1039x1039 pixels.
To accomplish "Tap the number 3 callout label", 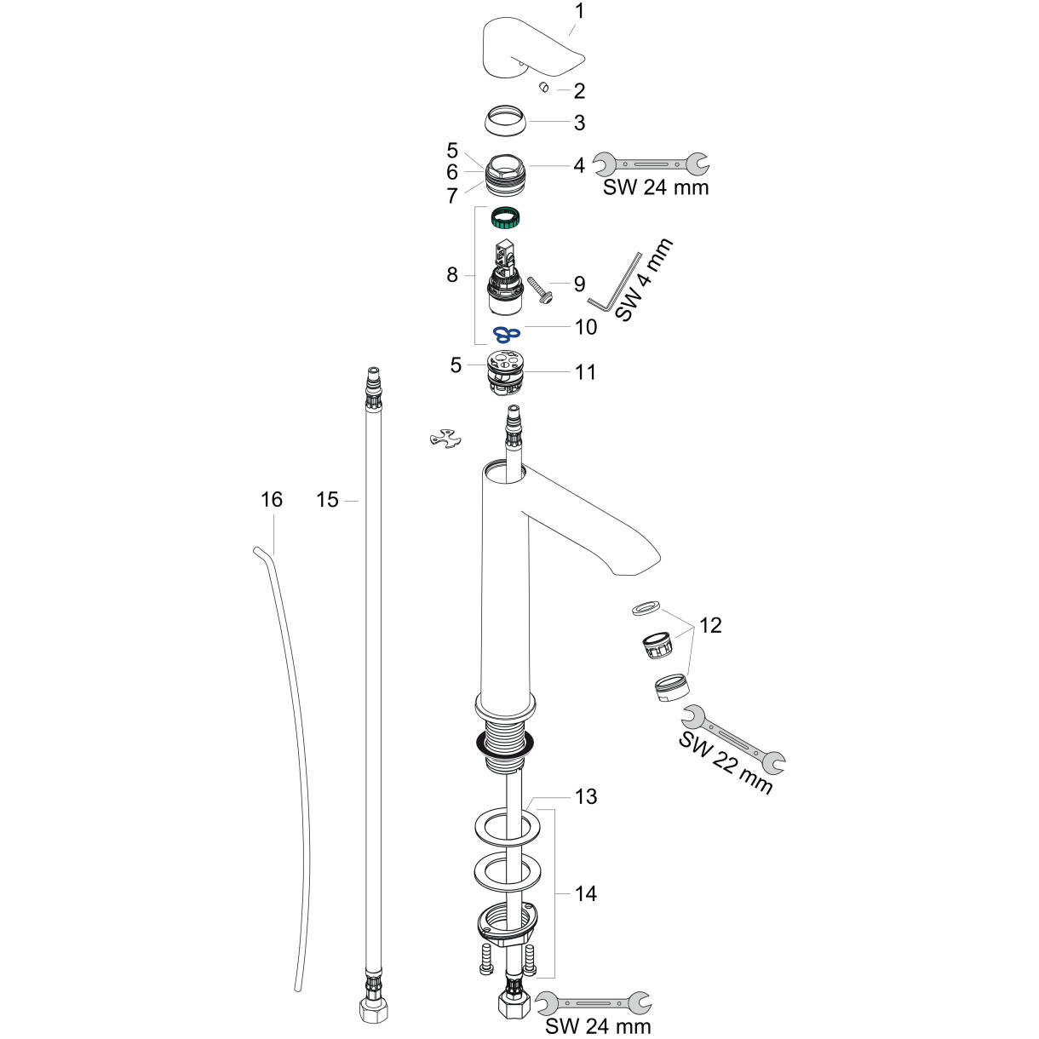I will (579, 123).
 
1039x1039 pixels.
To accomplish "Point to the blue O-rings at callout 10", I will (507, 331).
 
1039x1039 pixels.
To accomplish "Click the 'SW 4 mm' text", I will (644, 278).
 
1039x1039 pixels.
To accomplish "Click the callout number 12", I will (710, 625).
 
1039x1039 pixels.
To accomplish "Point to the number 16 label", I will (271, 499).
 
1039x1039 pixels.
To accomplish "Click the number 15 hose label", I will (327, 500).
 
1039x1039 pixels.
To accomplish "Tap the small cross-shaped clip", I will (449, 439).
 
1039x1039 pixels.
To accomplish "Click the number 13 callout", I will (585, 797).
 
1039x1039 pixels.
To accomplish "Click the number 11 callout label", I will (585, 372).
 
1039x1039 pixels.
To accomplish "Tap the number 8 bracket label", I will (451, 274).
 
